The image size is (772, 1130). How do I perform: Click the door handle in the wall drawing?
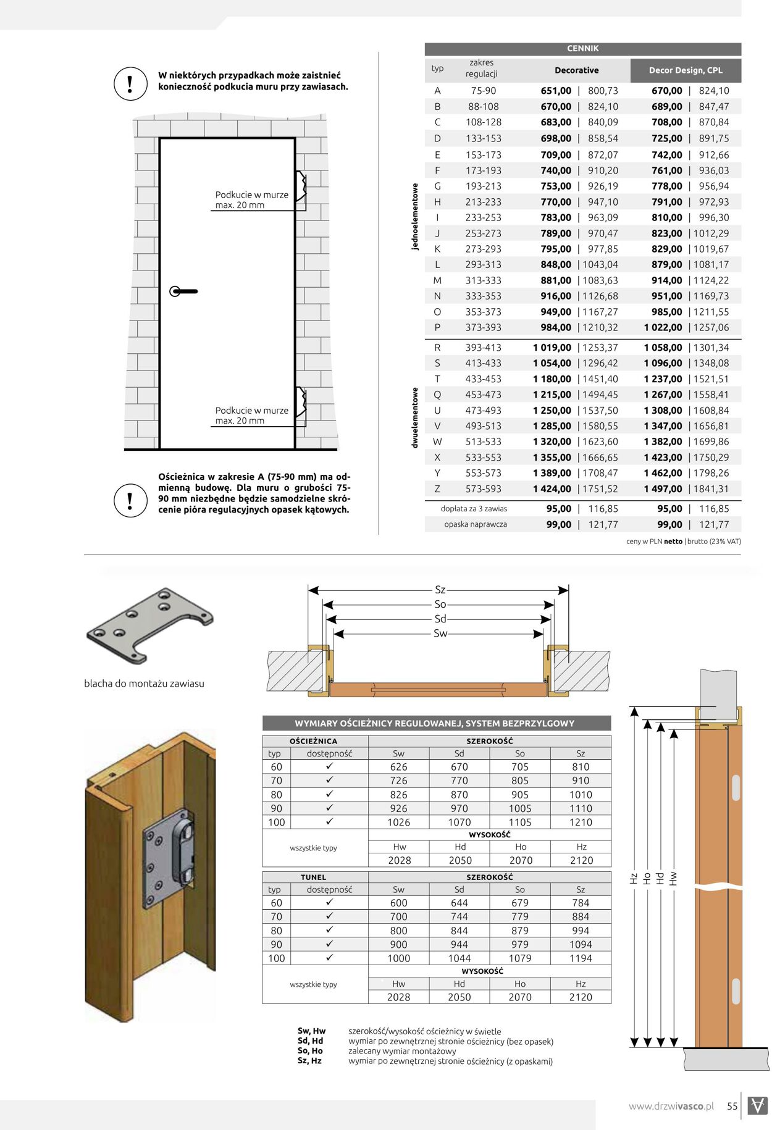[x=183, y=291]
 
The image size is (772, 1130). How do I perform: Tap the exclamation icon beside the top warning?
[x=130, y=83]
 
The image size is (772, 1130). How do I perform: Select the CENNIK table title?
[x=582, y=49]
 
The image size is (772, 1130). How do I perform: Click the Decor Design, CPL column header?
[x=686, y=70]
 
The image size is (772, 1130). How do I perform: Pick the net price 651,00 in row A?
[x=556, y=91]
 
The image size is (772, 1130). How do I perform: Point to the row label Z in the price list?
[x=437, y=489]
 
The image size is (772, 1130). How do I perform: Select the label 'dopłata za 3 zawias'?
[x=474, y=509]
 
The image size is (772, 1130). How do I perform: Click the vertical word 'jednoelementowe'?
[x=415, y=216]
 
